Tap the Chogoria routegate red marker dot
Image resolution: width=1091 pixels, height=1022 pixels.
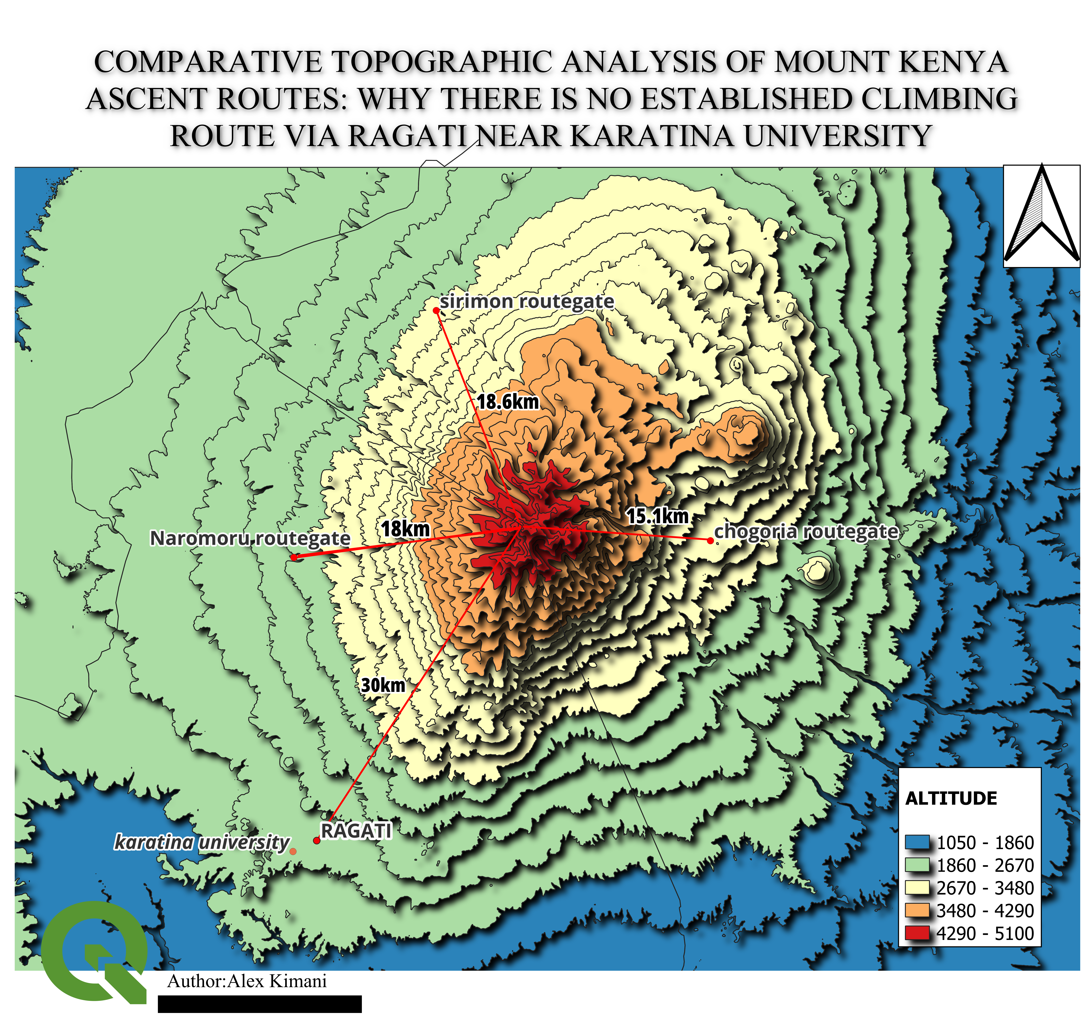(710, 541)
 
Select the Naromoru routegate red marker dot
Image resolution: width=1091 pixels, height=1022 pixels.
(294, 557)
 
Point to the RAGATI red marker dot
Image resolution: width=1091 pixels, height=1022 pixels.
(317, 840)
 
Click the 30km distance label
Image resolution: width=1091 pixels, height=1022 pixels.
(383, 685)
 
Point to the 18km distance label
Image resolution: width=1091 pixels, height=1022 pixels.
(406, 529)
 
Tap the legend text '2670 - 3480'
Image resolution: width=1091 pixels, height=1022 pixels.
(985, 888)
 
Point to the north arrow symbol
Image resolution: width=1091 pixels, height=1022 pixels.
(1041, 215)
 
